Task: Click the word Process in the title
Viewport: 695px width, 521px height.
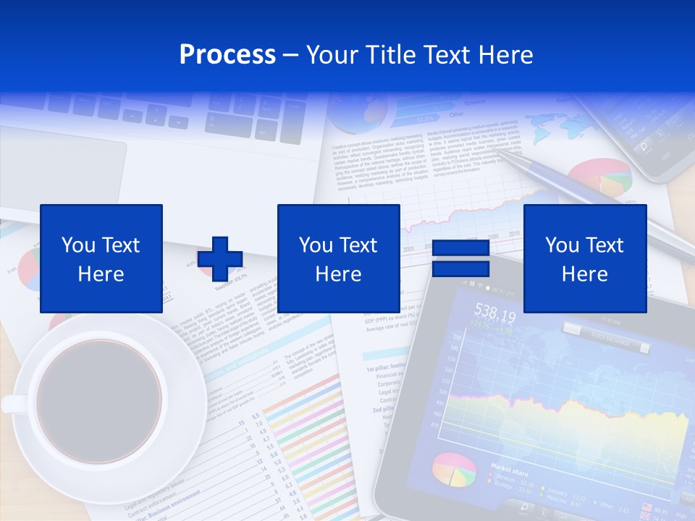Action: [227, 55]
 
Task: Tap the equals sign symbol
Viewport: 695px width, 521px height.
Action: [460, 259]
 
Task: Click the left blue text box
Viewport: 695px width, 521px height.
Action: [101, 259]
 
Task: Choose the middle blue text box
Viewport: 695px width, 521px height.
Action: [339, 259]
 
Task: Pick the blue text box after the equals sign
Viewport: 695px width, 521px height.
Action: [585, 259]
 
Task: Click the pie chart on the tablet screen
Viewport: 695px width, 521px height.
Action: [454, 470]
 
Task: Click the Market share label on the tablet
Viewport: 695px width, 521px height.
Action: [511, 468]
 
